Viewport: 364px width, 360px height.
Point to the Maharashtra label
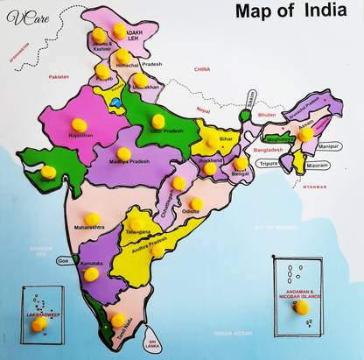(89, 228)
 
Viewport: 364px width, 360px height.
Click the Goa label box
(63, 260)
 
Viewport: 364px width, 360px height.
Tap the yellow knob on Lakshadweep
(38, 324)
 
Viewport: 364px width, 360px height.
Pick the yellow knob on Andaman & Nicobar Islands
(301, 307)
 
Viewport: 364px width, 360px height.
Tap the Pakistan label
(59, 77)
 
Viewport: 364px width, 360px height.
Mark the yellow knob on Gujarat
(48, 173)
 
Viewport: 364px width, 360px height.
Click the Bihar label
(226, 139)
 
